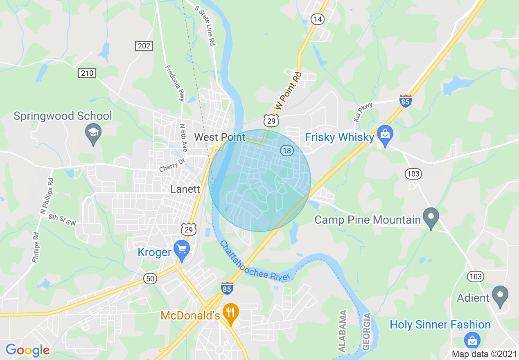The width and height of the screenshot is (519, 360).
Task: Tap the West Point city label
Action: tap(219, 137)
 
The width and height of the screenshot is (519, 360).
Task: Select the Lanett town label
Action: tap(185, 189)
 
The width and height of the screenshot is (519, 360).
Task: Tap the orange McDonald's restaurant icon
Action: tap(231, 313)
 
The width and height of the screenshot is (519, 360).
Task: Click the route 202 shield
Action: tap(144, 46)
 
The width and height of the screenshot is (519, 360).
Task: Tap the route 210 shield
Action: tap(87, 73)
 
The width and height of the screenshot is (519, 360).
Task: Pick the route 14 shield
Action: tap(317, 19)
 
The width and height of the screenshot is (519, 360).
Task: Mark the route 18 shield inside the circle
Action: tap(287, 151)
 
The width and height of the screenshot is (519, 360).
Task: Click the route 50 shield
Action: tap(150, 279)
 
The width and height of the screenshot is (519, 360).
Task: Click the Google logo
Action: tap(27, 350)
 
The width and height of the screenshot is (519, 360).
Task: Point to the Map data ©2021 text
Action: tap(484, 354)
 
